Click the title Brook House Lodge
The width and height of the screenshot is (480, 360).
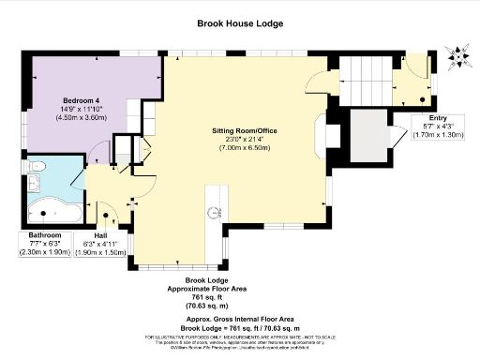tap(240, 22)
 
